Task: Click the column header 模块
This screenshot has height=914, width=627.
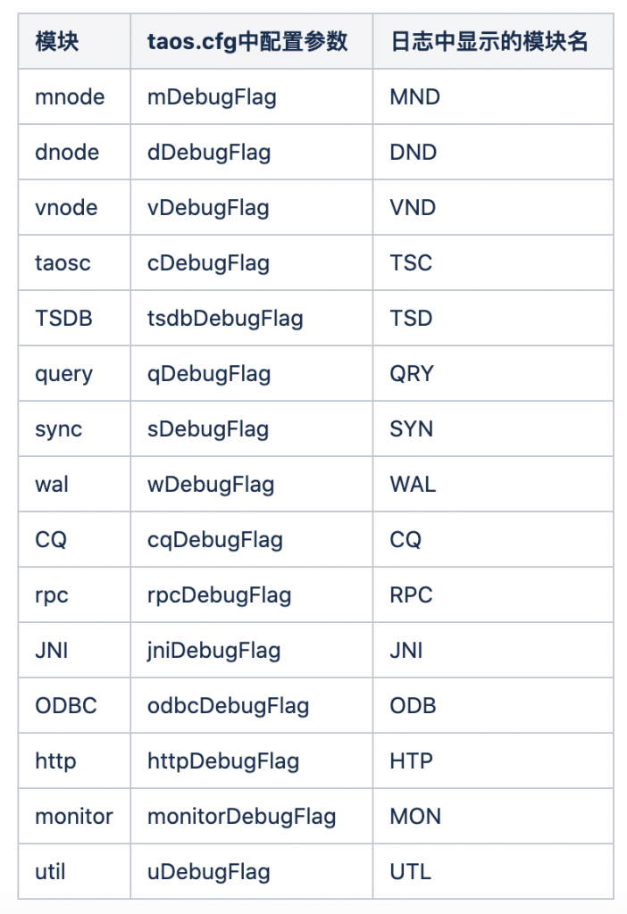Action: [x=56, y=41]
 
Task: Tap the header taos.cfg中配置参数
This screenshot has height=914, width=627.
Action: [x=247, y=41]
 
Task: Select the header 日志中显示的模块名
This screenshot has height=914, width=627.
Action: [x=489, y=41]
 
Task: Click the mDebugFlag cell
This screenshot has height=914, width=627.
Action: [x=212, y=97]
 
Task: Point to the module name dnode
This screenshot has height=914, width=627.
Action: [x=67, y=152]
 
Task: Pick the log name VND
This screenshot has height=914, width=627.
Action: [x=413, y=207]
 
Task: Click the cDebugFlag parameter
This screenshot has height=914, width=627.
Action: [x=208, y=263]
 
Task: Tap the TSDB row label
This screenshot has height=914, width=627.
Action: [x=63, y=319]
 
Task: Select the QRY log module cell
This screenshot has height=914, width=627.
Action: [x=412, y=374]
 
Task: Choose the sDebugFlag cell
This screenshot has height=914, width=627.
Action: [x=208, y=429]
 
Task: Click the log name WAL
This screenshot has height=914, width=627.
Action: [x=413, y=485]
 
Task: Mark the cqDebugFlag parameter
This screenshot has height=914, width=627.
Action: [x=215, y=540]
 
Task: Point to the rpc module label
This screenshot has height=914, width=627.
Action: [x=51, y=595]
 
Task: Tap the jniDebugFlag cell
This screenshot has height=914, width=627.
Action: [x=213, y=651]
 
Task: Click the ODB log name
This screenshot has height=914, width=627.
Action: [x=413, y=706]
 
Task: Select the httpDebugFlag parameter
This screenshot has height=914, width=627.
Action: [x=223, y=762]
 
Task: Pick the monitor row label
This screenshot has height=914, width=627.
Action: [x=74, y=817]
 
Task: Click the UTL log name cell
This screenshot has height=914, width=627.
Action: [x=411, y=872]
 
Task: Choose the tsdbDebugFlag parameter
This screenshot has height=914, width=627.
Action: [x=225, y=319]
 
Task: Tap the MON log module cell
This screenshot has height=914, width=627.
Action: [x=415, y=817]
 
